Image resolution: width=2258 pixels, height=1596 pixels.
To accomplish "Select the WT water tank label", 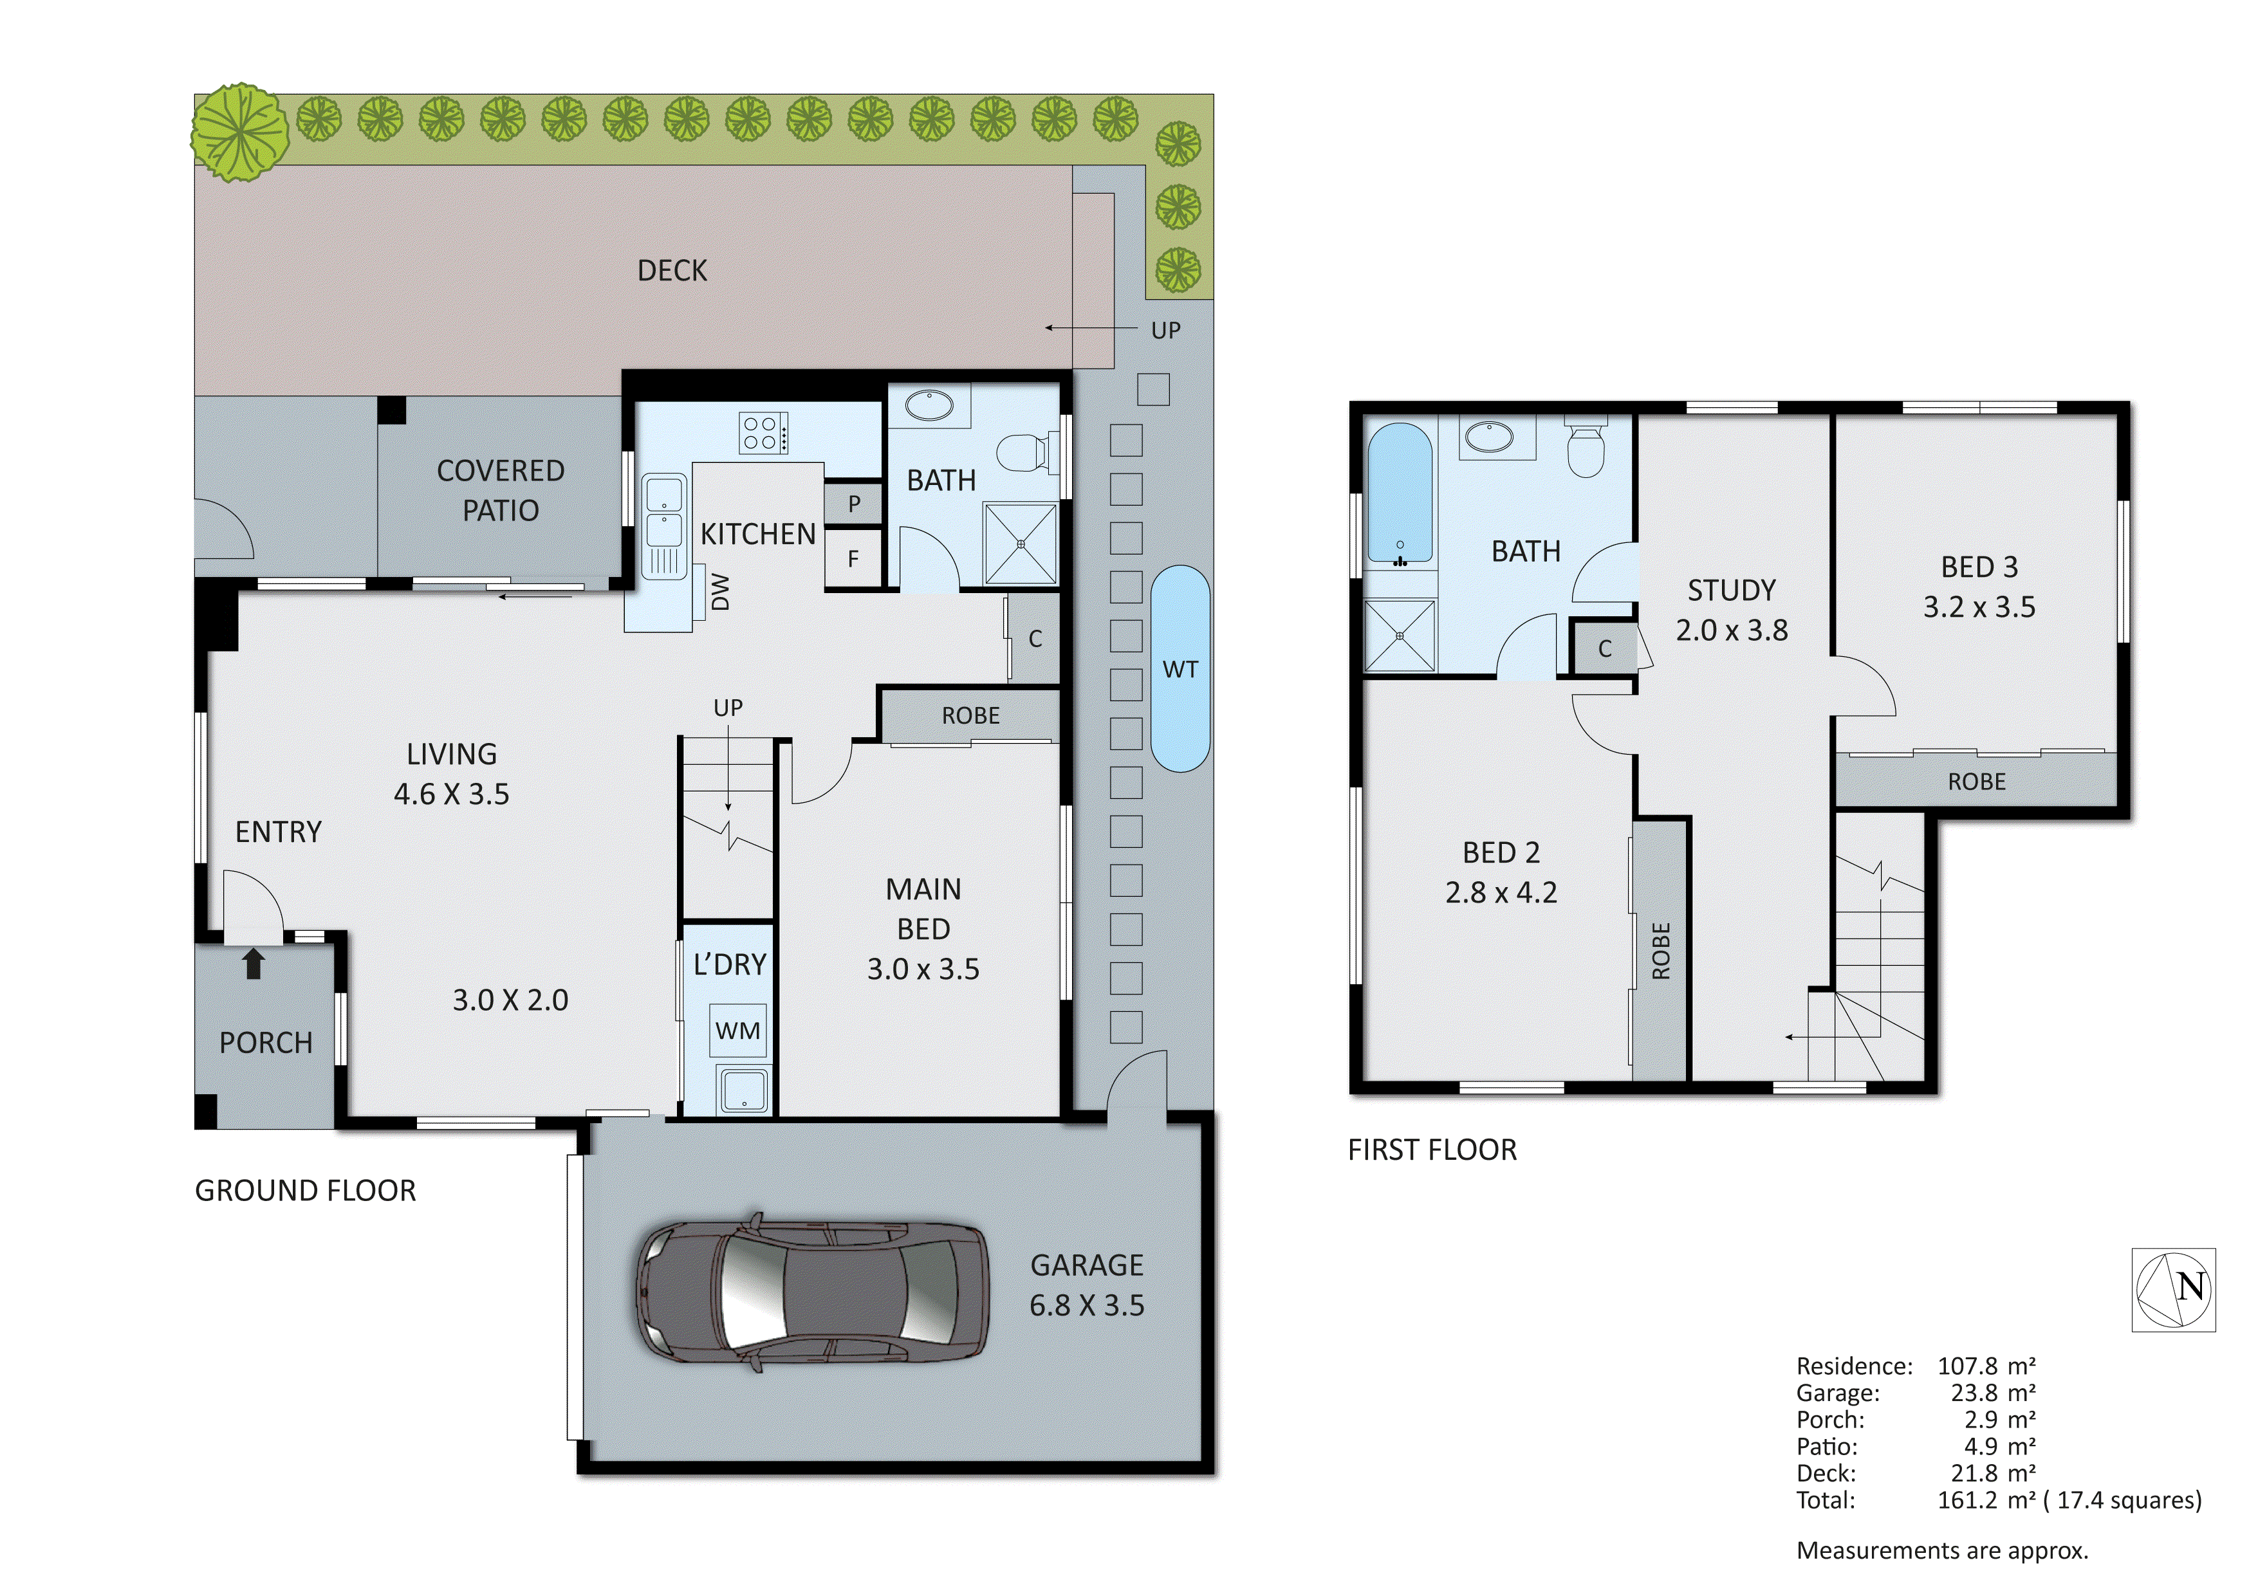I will [1180, 670].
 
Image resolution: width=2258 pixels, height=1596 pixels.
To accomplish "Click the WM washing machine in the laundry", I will [737, 1031].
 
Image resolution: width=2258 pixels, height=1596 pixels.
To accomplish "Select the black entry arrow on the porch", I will [254, 963].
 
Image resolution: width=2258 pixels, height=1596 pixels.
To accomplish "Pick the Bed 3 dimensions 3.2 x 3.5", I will [1979, 607].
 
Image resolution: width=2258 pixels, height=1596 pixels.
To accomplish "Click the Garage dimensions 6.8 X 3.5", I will [1087, 1305].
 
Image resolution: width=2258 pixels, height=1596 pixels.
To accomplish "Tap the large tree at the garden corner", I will [240, 133].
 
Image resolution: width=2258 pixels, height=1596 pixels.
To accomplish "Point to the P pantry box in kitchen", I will [854, 504].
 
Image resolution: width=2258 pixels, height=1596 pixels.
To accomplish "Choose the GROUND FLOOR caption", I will [305, 1191].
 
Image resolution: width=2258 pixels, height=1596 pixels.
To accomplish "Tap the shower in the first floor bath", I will [1400, 636].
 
